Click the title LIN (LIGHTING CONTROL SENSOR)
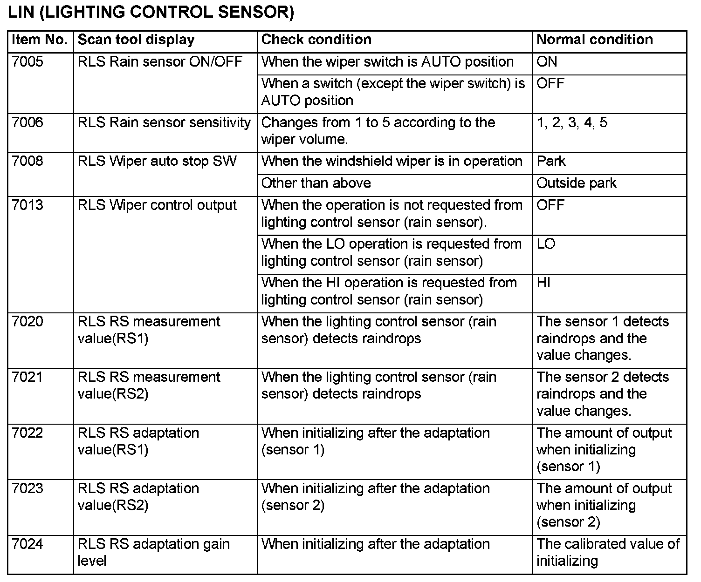(x=151, y=13)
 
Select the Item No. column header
(x=40, y=40)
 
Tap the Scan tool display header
(x=136, y=40)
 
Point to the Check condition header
(x=316, y=40)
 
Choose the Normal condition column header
(x=595, y=40)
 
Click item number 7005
(x=27, y=62)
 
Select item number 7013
(x=27, y=205)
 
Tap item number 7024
(x=27, y=544)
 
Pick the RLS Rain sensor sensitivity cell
(x=164, y=123)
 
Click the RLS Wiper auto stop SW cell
(x=157, y=162)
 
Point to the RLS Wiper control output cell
(x=157, y=205)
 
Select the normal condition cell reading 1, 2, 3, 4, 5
(x=572, y=123)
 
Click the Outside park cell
(x=577, y=183)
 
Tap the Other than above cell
(x=316, y=183)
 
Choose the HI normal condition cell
(x=544, y=283)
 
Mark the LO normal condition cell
(x=546, y=244)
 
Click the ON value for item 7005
(x=547, y=62)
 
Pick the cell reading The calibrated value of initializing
(x=608, y=552)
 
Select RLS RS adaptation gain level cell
(x=153, y=552)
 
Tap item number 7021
(x=27, y=377)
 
